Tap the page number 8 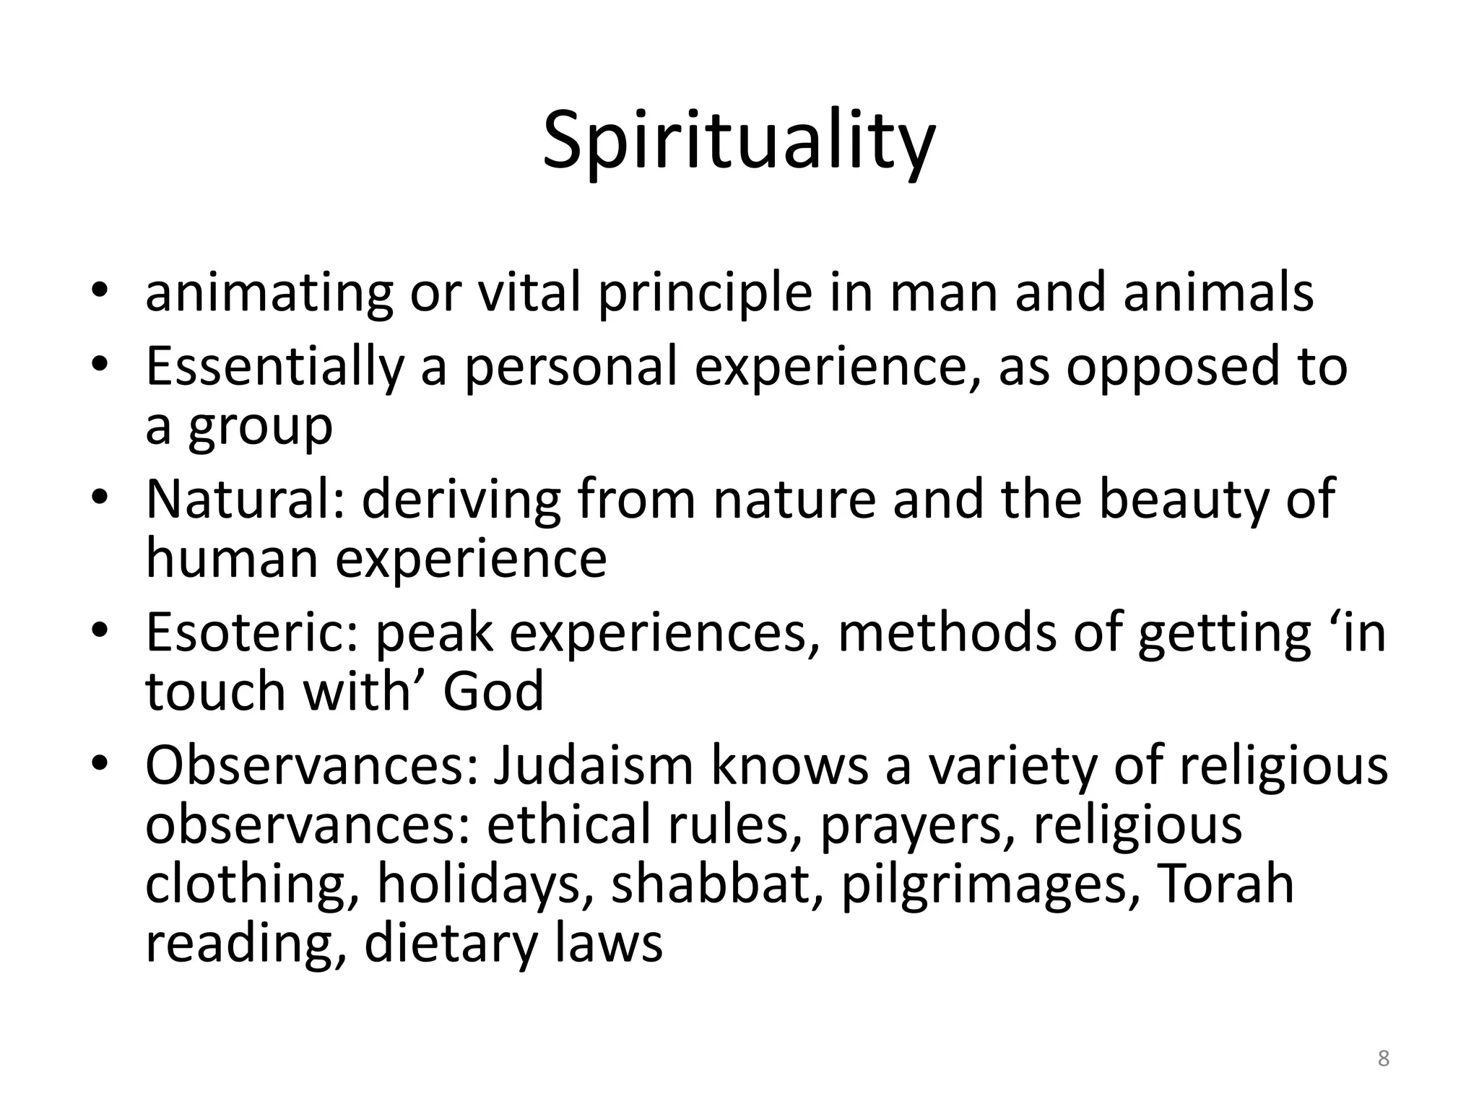[x=1383, y=1058]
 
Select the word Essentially [x=274, y=367]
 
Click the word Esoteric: [x=252, y=632]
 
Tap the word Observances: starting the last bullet [x=311, y=765]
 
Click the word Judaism [x=593, y=765]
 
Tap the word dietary [x=448, y=944]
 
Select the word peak [x=434, y=633]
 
